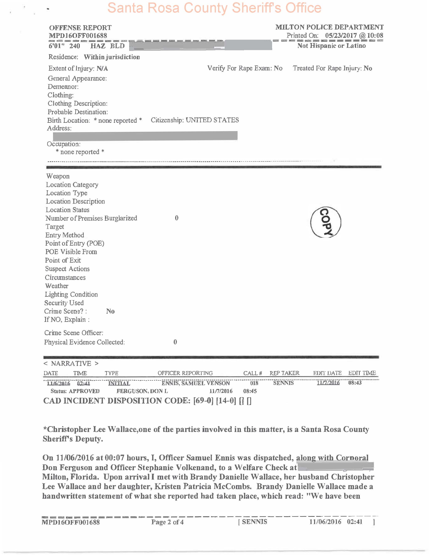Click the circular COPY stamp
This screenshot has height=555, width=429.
tap(325, 222)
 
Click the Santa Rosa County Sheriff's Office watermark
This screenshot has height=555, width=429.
tap(214, 8)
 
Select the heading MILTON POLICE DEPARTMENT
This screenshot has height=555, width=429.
tap(329, 27)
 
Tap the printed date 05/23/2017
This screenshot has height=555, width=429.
tap(341, 35)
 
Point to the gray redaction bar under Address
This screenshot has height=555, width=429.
tap(145, 136)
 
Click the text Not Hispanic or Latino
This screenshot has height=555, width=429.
tap(331, 46)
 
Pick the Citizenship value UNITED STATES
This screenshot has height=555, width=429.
tap(212, 120)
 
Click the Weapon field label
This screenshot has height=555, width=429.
tap(58, 176)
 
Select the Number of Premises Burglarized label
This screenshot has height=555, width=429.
tap(91, 218)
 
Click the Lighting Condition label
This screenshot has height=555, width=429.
tap(71, 294)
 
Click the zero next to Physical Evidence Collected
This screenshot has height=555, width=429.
tap(175, 342)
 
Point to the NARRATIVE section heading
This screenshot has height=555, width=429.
tap(71, 363)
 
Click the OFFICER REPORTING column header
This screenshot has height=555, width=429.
tap(185, 373)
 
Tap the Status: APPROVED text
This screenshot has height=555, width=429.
tap(75, 391)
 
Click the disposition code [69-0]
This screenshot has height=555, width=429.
tap(203, 401)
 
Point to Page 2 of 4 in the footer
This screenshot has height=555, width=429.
tap(167, 522)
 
